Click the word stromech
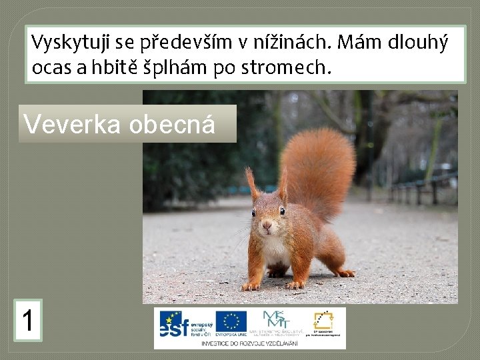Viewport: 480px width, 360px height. pyautogui.click(x=294, y=68)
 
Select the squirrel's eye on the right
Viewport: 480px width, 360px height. pyautogui.click(x=282, y=211)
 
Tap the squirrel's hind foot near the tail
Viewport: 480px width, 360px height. pyautogui.click(x=344, y=273)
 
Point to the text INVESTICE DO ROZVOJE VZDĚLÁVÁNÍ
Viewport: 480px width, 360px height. pyautogui.click(x=250, y=342)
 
